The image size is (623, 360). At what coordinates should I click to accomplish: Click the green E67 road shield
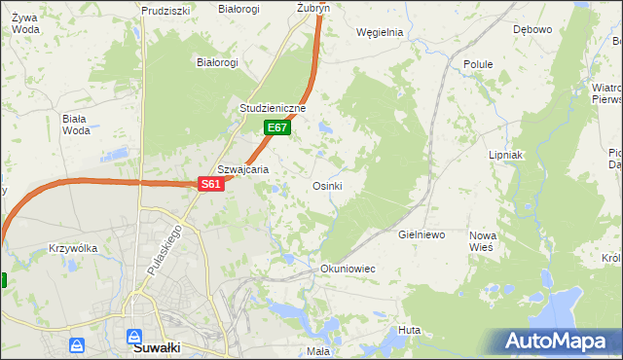coord(277,127)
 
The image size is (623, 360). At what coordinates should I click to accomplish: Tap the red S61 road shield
coord(212,184)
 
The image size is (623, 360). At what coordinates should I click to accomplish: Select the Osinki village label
coord(326,186)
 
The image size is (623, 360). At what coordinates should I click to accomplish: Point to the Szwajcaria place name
coord(242,168)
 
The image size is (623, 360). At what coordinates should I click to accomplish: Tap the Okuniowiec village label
coord(348,268)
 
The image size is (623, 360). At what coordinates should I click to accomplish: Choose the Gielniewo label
coord(421,235)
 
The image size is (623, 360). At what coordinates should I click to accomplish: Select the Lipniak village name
coord(506,155)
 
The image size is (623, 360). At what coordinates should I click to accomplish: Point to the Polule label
coord(478,64)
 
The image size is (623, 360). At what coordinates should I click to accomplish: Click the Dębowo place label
coord(532,29)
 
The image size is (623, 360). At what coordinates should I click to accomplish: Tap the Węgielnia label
coord(380,32)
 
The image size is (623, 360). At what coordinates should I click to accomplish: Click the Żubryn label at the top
coord(313,7)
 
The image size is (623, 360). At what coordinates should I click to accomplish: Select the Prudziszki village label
coord(164,10)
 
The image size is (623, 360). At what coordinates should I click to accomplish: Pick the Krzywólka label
coord(73,248)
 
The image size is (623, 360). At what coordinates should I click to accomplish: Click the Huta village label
coord(409,331)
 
